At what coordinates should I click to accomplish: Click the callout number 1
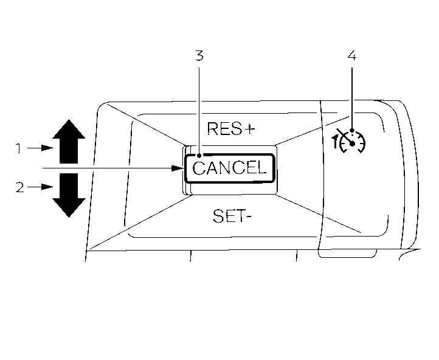19,147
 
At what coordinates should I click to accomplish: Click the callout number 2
19,187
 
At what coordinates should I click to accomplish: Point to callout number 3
199,57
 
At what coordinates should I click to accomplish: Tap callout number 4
351,56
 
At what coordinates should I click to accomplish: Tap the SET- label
231,216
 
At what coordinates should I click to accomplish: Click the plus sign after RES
249,128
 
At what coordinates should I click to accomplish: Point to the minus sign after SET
247,216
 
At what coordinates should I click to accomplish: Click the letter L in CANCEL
261,168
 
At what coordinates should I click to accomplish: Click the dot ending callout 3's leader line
199,156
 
